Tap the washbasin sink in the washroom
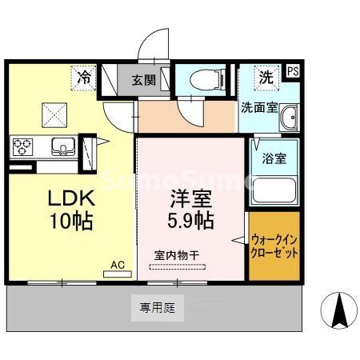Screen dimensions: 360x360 (x=289, y=118)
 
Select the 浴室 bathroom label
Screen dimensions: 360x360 (x=274, y=158)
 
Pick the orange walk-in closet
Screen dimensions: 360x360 (x=274, y=246)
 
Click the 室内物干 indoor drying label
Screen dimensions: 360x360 (x=177, y=255)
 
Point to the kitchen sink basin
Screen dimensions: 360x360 (x=62, y=147)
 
